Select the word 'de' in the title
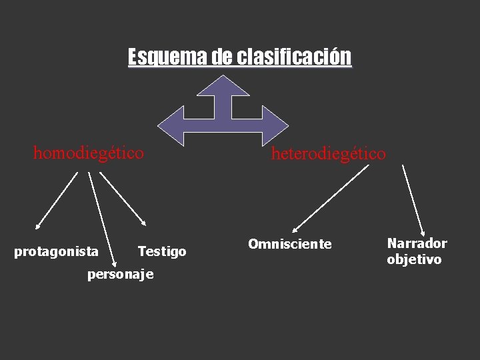click(223, 57)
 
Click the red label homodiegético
click(88, 153)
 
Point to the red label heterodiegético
click(328, 154)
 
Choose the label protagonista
click(57, 252)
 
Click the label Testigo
click(162, 251)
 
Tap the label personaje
click(121, 274)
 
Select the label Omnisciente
click(289, 244)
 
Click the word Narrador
click(417, 243)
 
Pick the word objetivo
click(414, 259)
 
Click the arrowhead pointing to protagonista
click(37, 227)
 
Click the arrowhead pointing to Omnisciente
click(295, 229)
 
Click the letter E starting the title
click(133, 57)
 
